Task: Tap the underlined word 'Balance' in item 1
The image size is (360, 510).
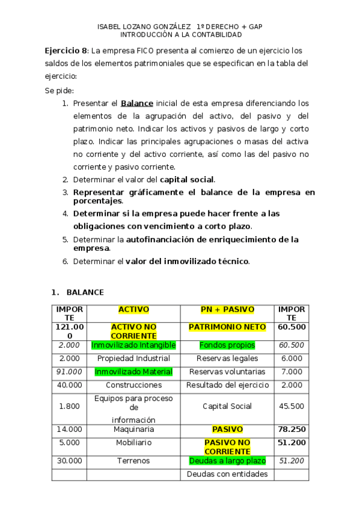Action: tap(136, 103)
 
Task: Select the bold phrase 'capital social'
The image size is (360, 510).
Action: tap(186, 179)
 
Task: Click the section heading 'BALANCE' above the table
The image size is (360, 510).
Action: tap(85, 292)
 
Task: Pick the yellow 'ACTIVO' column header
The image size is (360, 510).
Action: tap(133, 310)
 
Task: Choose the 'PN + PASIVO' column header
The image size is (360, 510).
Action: tap(227, 310)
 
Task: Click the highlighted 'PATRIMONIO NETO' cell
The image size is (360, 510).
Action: tap(227, 327)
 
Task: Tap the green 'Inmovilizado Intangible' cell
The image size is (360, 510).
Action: tap(133, 345)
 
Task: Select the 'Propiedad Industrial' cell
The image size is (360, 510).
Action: tap(133, 358)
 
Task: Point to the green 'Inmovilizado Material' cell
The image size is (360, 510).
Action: tap(133, 372)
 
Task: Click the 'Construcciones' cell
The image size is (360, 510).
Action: tap(133, 385)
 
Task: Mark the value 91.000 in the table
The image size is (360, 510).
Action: tap(69, 372)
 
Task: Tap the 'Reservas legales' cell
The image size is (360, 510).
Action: tap(227, 358)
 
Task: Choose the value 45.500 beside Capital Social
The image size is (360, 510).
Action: tap(291, 407)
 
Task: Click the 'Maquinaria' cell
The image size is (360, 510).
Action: tap(133, 429)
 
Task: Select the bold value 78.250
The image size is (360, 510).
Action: tap(291, 429)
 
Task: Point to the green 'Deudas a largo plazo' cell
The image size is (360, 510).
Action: tap(227, 461)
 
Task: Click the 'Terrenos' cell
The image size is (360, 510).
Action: tap(133, 461)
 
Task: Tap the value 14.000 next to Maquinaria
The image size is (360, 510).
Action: tap(69, 429)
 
